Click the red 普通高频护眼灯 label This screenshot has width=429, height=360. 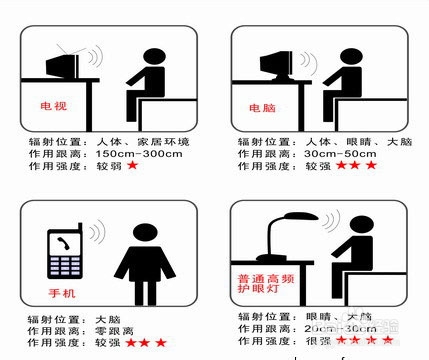click(266, 282)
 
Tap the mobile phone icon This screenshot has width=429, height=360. click(68, 254)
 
